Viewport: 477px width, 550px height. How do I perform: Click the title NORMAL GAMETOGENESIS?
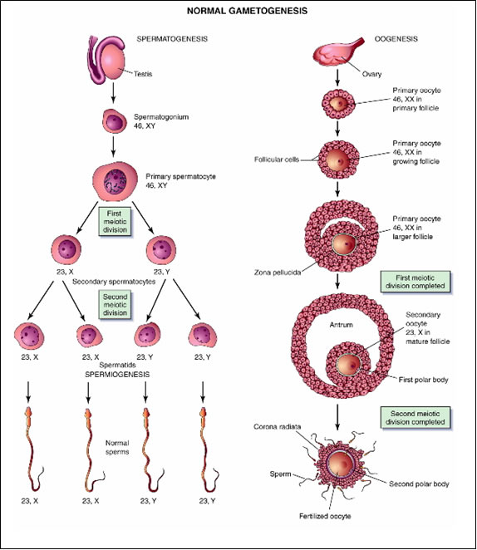click(x=247, y=11)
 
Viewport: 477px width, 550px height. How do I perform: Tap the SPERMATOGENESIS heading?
click(x=172, y=38)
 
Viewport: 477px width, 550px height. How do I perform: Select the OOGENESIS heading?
click(x=396, y=38)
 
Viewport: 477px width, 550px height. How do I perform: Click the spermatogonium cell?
click(x=115, y=121)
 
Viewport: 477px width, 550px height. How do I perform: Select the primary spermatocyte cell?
click(x=115, y=181)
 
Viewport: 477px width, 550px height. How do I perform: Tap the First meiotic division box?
click(x=115, y=222)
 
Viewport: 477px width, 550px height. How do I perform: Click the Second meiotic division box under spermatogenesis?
click(x=115, y=305)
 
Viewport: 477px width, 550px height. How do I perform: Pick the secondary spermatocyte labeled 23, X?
click(x=66, y=250)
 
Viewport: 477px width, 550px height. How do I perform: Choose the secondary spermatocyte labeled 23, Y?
click(x=161, y=250)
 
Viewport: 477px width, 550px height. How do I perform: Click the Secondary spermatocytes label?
click(x=114, y=282)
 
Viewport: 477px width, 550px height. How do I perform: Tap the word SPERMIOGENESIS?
click(x=117, y=374)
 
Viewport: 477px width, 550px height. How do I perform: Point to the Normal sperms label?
click(x=117, y=447)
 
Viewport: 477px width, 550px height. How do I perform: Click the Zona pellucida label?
click(x=278, y=273)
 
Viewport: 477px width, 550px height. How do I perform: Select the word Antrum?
click(x=341, y=325)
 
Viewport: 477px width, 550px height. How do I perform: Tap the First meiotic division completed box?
click(x=416, y=282)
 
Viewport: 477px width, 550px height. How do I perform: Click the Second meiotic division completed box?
click(x=416, y=418)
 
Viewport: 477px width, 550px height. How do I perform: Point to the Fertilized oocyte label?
click(x=325, y=516)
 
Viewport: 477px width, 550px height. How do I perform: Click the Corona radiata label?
click(x=277, y=427)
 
